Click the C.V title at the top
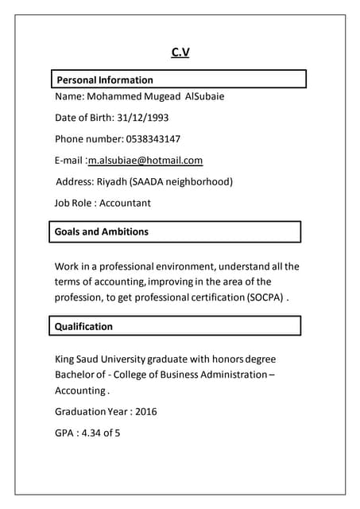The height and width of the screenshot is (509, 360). [x=180, y=52]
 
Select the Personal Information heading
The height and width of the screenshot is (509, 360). [x=105, y=80]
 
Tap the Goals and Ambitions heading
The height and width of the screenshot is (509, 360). [x=102, y=231]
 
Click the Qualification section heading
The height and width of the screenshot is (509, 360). [x=83, y=326]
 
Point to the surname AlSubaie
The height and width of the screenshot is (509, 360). [x=204, y=97]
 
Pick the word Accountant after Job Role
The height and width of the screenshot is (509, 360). [x=125, y=203]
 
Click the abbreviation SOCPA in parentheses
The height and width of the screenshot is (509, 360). [x=265, y=297]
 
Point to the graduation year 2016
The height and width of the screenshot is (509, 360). [x=146, y=411]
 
